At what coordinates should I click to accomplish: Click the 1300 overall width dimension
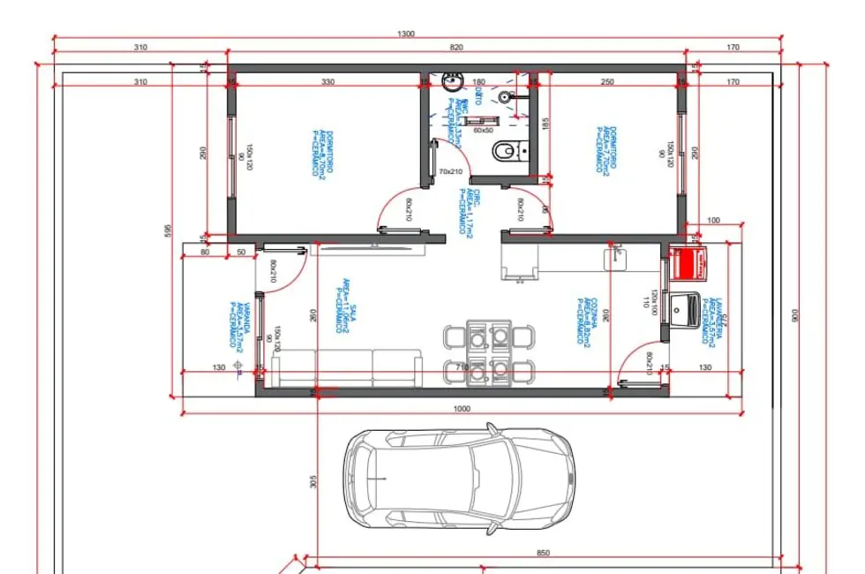click(x=406, y=34)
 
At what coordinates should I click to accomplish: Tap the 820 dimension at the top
click(x=455, y=48)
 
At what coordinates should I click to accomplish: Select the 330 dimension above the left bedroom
click(x=327, y=81)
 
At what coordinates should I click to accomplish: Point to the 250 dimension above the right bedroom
click(x=607, y=81)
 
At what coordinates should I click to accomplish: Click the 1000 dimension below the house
click(x=462, y=408)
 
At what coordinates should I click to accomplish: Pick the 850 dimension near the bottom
click(x=543, y=553)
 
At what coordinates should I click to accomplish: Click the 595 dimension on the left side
click(x=166, y=230)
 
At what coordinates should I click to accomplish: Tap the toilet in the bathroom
click(x=504, y=152)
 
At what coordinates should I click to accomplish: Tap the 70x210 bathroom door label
click(x=450, y=171)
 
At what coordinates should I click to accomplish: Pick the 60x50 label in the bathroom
click(x=483, y=130)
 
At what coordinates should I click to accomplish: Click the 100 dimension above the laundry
click(x=713, y=220)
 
